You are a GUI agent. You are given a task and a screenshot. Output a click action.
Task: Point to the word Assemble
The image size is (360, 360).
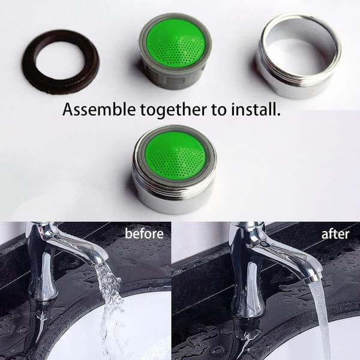pos(99,109)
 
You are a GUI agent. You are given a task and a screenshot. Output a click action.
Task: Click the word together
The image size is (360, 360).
pos(173,110)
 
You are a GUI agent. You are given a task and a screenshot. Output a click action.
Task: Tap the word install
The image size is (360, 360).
pos(256,109)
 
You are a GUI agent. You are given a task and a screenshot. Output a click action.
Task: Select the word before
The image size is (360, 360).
pos(144,234)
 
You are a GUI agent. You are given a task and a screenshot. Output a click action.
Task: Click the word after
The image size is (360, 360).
pos(335,234)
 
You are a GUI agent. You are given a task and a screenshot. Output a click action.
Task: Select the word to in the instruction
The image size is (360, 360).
pos(219,110)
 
